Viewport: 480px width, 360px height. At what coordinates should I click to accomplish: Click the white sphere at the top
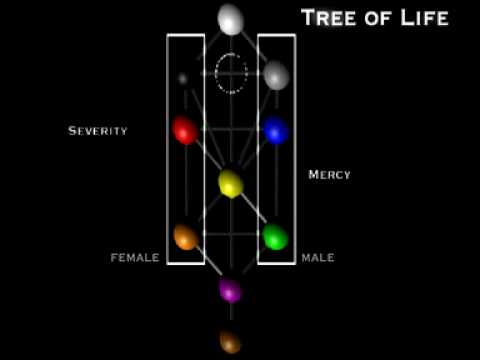(230, 19)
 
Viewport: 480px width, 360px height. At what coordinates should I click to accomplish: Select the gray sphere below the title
(276, 75)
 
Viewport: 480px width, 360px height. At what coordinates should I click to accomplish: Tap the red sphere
(185, 130)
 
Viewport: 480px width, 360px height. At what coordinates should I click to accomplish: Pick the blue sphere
(276, 130)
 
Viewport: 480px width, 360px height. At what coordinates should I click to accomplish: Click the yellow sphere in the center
(231, 183)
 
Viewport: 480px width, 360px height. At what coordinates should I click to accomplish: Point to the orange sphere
(186, 237)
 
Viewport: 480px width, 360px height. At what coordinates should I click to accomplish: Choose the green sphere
(276, 237)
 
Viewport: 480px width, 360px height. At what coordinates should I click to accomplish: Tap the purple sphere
(230, 290)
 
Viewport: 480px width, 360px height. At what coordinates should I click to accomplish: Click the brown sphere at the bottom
(230, 341)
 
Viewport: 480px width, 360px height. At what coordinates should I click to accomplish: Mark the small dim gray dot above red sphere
(182, 79)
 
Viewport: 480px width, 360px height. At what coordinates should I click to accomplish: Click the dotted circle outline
(216, 73)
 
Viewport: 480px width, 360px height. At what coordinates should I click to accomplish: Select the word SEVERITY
(98, 131)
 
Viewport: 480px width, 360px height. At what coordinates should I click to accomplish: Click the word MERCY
(329, 175)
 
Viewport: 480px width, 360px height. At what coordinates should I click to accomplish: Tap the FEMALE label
(135, 257)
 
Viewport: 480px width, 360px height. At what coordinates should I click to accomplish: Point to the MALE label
(318, 257)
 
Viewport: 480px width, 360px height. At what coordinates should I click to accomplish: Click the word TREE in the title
(329, 18)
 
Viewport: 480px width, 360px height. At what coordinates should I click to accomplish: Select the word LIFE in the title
(425, 18)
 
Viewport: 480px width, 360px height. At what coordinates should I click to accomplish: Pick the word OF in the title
(378, 19)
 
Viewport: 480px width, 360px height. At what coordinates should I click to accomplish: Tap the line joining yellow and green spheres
(254, 209)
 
